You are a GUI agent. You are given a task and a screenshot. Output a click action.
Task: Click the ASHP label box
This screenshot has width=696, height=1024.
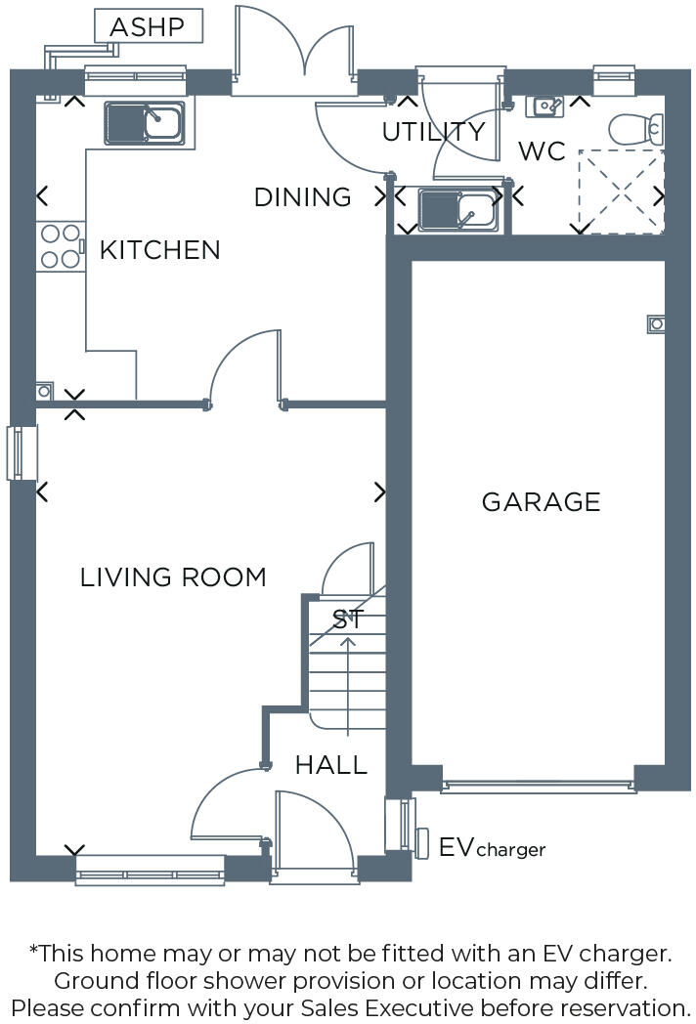pos(149,26)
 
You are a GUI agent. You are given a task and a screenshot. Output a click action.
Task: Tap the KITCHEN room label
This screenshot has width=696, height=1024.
pos(160,250)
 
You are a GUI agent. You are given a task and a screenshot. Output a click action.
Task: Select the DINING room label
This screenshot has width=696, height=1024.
pos(302,197)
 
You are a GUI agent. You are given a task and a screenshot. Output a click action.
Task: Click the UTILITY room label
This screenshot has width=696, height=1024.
pos(433,132)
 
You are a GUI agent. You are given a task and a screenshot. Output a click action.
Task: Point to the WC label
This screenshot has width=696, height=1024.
pos(543,152)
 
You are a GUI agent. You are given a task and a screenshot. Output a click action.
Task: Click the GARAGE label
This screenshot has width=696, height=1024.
pos(541,502)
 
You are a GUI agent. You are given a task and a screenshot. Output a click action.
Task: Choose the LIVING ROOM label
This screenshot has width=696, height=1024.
pos(173,577)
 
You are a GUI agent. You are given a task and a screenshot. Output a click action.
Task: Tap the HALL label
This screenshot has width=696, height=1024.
pos(331,765)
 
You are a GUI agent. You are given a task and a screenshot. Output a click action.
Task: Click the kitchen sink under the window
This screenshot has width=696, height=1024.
pos(145,124)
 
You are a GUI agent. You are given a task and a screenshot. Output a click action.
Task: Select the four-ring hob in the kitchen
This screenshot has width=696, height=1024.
pos(61,246)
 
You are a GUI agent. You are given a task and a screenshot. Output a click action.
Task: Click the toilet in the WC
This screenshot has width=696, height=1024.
pos(637,128)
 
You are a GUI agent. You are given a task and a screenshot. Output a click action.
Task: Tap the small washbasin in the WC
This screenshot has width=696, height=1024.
pos(544,106)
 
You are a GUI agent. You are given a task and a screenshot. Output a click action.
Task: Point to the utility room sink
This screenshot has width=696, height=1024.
pos(458,209)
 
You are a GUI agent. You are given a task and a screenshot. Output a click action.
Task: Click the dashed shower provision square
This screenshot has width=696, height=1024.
pos(621,192)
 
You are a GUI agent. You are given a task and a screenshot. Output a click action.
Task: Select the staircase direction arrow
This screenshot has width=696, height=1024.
pos(348,674)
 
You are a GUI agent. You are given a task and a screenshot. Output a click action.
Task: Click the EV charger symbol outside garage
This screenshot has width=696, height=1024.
pos(422,843)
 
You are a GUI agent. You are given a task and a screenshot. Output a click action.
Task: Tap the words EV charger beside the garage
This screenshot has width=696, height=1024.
pos(492,847)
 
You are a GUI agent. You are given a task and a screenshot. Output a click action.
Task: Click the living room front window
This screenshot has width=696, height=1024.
pos(151,869)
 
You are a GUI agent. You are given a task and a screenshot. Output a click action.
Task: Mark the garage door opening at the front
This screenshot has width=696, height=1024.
pos(538,784)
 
